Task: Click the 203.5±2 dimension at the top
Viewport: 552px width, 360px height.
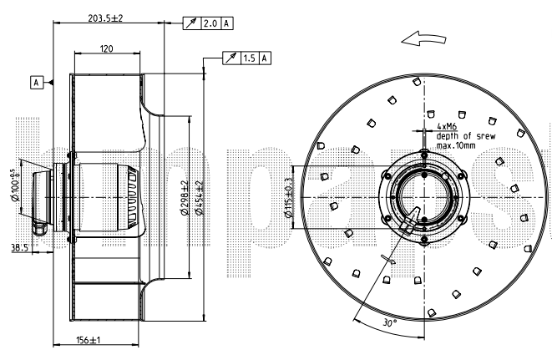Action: pos(106,18)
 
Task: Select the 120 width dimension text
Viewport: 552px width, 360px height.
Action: pos(106,49)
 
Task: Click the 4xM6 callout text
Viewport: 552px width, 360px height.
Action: pos(447,127)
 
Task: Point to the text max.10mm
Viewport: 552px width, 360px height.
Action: pos(457,146)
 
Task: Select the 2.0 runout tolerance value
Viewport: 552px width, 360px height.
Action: pos(210,24)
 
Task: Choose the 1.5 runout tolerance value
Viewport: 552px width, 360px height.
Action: pos(249,58)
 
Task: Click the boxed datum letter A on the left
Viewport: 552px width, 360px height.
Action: pos(37,82)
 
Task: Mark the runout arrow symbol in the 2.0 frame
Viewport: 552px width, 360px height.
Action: pos(190,24)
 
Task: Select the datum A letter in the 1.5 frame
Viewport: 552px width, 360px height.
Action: pos(265,58)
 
